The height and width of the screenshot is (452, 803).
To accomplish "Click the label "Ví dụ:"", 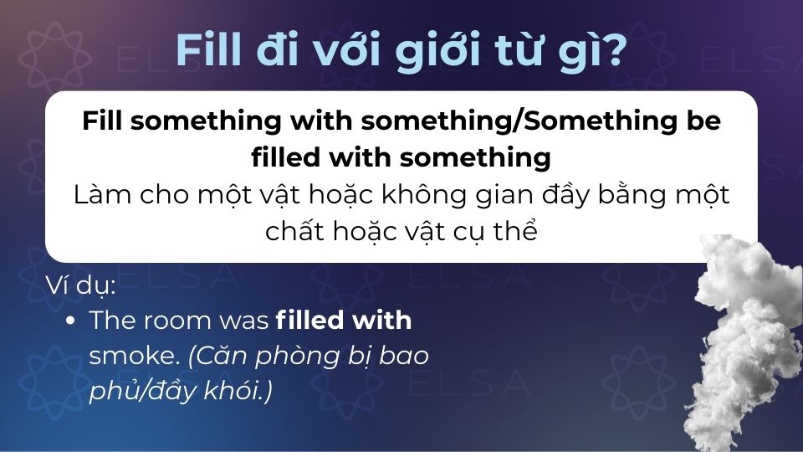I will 81,288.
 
